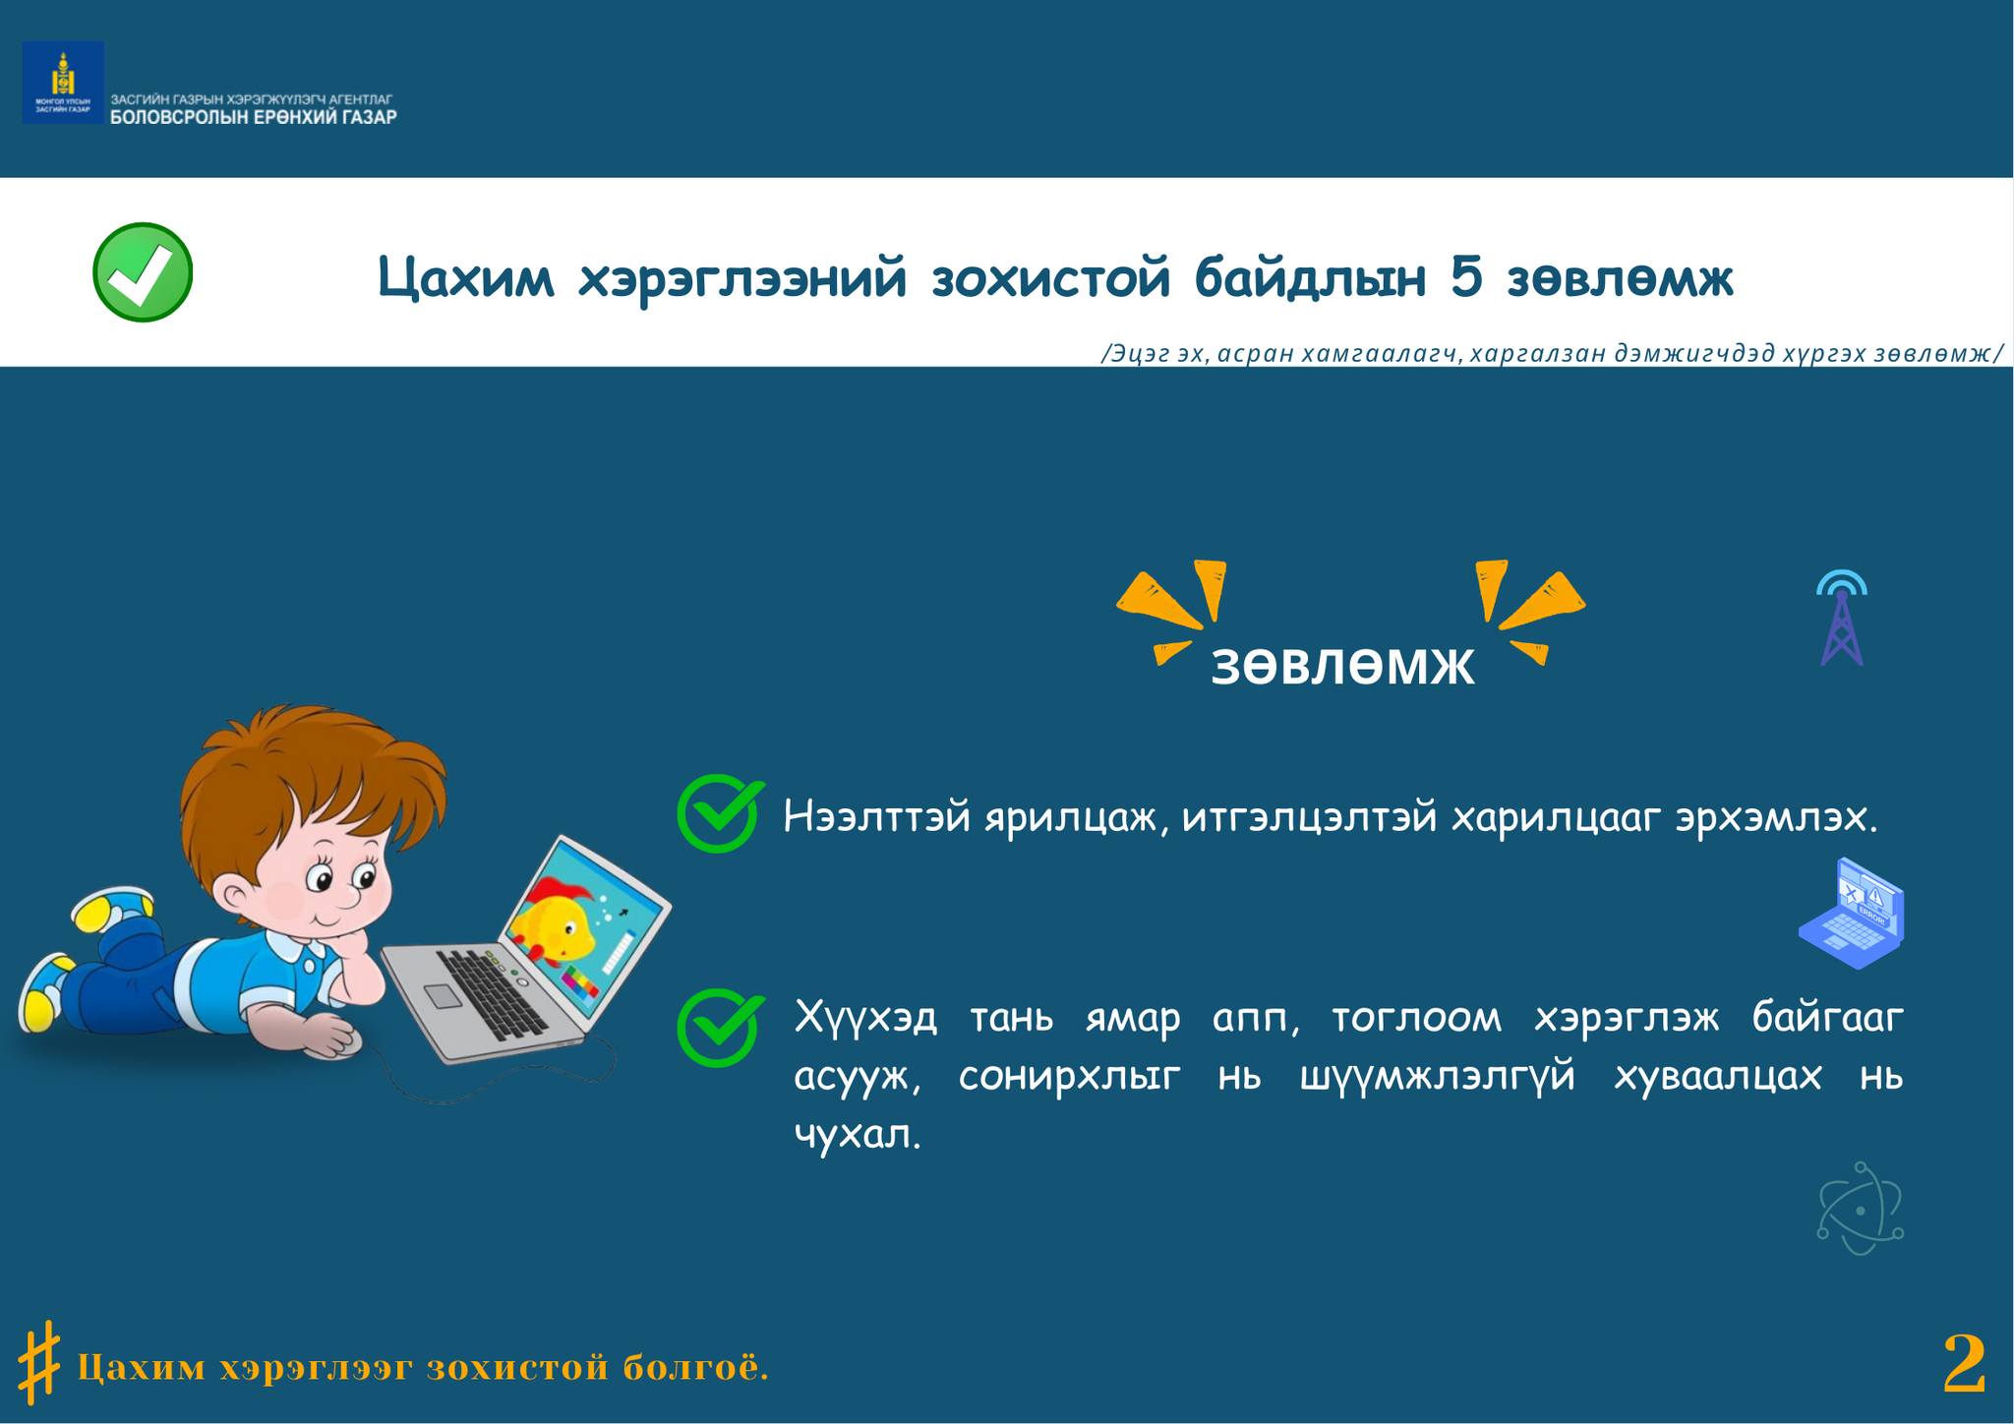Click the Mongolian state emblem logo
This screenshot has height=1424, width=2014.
[63, 83]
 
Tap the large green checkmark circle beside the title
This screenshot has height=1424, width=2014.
[143, 272]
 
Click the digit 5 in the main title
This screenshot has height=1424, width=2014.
[1465, 278]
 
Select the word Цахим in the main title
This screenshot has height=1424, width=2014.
[466, 279]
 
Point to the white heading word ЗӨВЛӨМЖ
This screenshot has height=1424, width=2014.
[1342, 666]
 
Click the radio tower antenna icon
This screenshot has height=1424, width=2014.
[1841, 618]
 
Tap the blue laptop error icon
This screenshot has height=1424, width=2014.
[1852, 913]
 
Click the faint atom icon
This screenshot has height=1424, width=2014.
[1860, 1208]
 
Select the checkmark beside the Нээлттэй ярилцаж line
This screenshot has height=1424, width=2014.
[720, 812]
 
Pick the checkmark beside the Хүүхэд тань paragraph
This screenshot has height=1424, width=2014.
[720, 1027]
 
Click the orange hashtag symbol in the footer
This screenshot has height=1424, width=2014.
[39, 1361]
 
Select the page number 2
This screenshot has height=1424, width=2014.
[1964, 1364]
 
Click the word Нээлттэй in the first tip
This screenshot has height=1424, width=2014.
[877, 817]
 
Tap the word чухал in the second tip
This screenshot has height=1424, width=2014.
[858, 1135]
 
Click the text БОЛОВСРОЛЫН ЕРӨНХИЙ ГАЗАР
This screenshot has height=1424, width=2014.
[254, 117]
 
